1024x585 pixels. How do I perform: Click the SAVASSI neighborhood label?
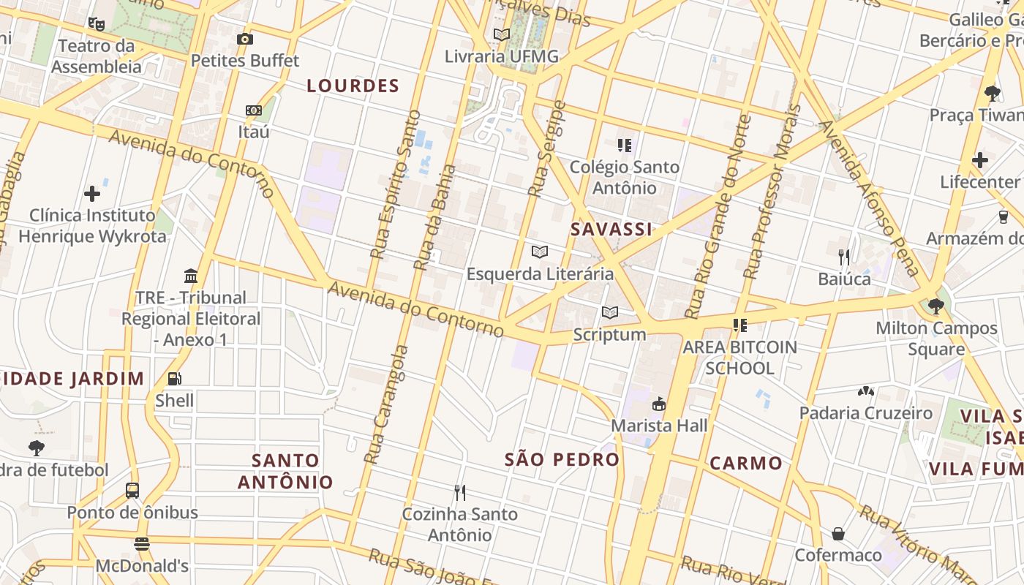611,230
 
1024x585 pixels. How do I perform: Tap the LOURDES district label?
353,86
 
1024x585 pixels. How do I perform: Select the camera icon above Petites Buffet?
245,39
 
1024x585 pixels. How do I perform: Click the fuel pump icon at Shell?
175,379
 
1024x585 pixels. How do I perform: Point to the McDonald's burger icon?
142,544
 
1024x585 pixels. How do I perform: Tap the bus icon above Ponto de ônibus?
132,491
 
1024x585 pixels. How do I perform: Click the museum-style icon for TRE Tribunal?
191,276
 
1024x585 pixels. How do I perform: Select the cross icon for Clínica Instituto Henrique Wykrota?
92,194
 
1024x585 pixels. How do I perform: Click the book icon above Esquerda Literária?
540,252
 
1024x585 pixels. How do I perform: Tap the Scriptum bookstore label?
609,335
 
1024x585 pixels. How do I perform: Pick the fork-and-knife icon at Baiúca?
844,257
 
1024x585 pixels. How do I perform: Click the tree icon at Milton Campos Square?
935,306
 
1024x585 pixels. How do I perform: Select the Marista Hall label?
659,426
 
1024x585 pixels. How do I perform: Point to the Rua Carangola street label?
385,404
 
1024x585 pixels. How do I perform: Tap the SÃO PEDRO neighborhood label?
562,460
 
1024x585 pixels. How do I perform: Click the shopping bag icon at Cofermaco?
838,534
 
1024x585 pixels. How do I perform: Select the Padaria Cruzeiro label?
865,413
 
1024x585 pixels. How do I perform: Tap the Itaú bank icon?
254,110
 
